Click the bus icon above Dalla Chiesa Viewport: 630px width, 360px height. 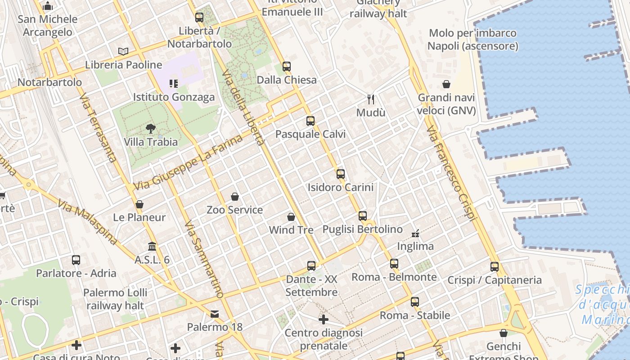[287, 67]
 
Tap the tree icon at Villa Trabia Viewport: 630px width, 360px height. [151, 129]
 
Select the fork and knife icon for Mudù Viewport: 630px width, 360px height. [371, 99]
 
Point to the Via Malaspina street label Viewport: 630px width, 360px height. [87, 223]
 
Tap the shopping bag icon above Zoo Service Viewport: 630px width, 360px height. [235, 197]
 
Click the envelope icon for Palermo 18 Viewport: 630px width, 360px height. [215, 314]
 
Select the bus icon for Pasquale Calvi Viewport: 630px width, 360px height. [310, 121]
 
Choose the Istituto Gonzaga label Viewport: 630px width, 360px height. [174, 97]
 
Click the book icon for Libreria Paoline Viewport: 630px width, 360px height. [123, 51]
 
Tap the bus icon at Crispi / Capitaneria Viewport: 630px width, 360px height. [495, 267]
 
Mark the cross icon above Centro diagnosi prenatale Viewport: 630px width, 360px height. [323, 320]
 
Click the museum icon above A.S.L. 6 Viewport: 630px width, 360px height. [152, 247]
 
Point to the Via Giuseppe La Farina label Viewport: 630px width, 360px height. [188, 162]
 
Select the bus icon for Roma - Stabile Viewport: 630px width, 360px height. [415, 302]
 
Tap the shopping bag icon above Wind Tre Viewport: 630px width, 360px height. [291, 217]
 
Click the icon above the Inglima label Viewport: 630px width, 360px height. [415, 233]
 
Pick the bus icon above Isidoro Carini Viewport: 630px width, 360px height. [341, 174]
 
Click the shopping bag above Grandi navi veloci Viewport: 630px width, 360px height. [446, 84]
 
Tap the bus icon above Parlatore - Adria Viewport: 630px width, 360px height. [76, 260]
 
